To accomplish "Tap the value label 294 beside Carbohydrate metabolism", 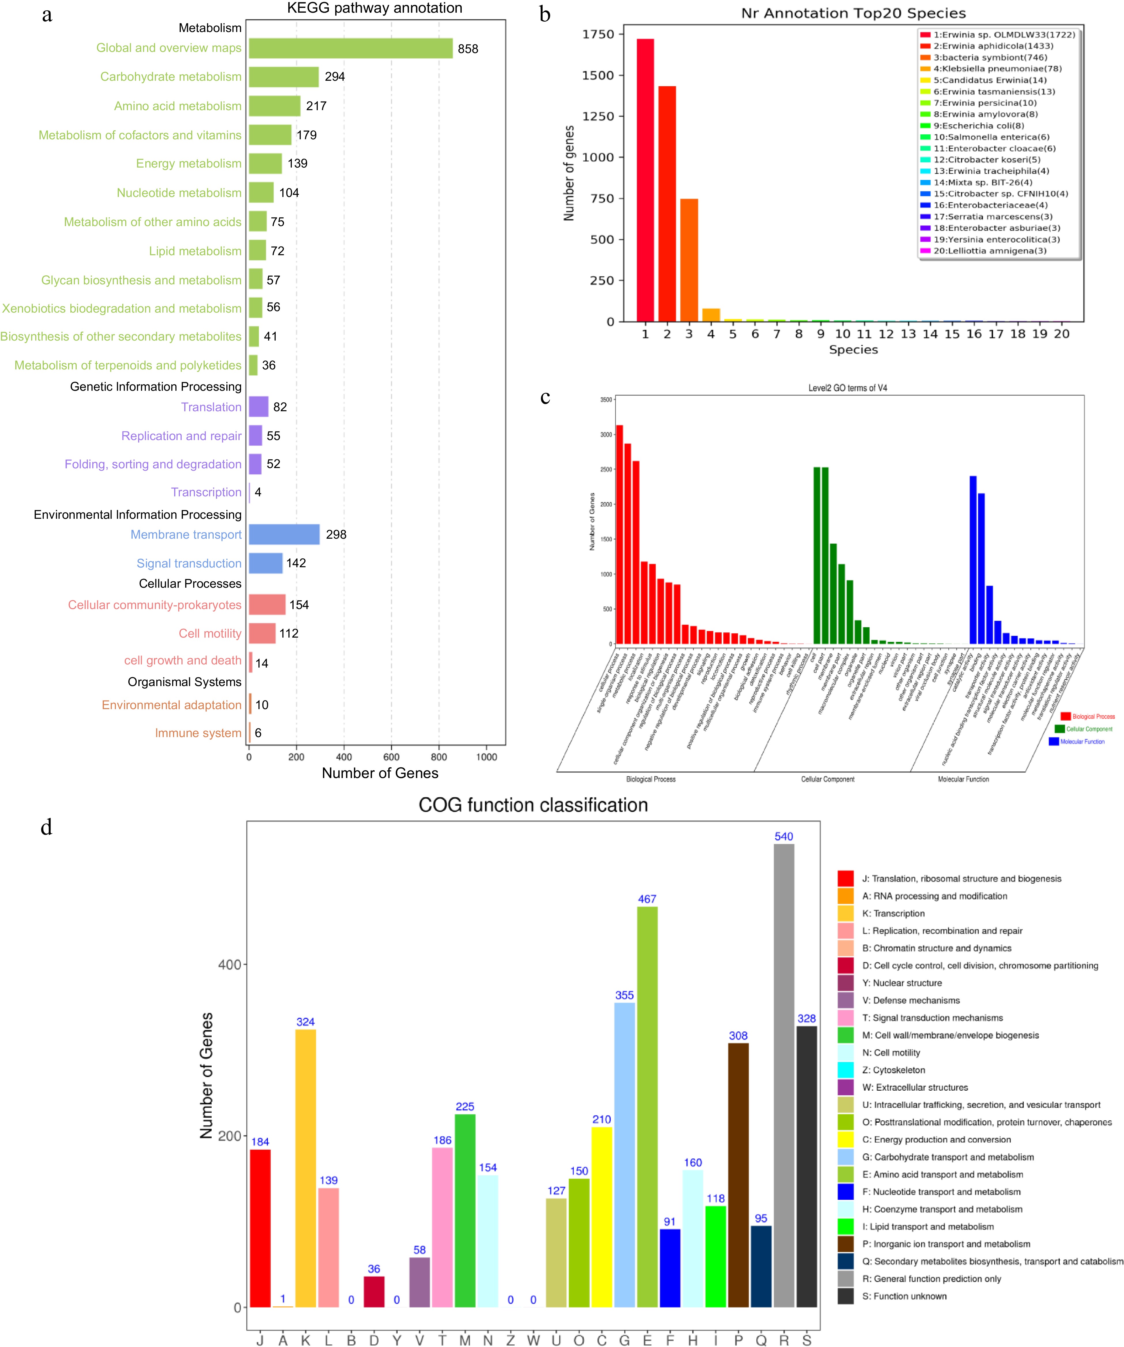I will pos(335,77).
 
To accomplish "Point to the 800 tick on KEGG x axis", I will pos(439,757).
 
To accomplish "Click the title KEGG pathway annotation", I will pos(375,8).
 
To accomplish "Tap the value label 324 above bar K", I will pos(305,1022).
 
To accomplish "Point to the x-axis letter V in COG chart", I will pos(420,1339).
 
